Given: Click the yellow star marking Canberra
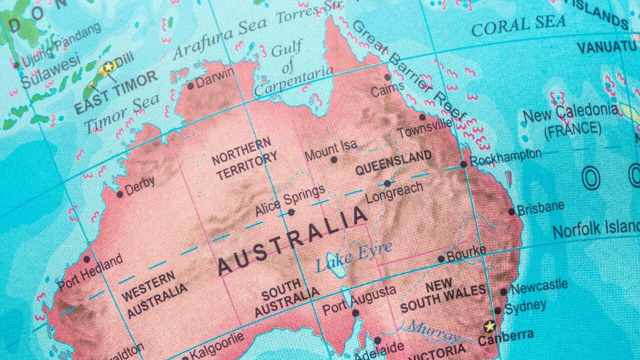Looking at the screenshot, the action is (489, 326).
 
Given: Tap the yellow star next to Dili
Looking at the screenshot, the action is (108, 66).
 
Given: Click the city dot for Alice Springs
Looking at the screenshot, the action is (291, 212).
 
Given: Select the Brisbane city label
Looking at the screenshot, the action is (540, 207).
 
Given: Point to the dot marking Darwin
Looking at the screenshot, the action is (190, 86).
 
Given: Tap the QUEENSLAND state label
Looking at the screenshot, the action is (393, 162).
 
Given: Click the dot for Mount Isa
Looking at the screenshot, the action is (333, 159).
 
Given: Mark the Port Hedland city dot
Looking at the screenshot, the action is (86, 259).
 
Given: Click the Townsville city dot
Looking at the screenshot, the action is (422, 117).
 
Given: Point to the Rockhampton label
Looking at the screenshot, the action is (505, 157).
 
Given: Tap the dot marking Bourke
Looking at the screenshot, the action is (441, 259).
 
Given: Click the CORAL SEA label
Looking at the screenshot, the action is (518, 25).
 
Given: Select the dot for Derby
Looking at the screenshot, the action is (119, 194).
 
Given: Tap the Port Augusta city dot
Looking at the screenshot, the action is (355, 313).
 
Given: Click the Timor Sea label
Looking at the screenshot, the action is (122, 113).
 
